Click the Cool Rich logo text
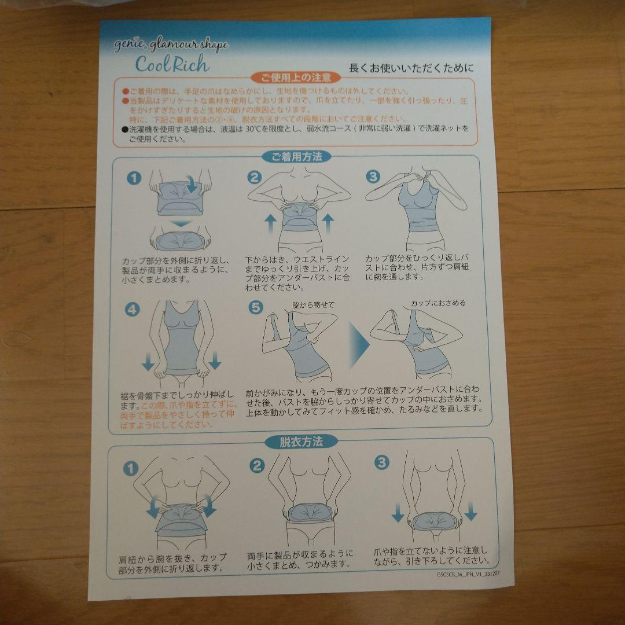point(172,63)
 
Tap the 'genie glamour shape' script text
point(179,45)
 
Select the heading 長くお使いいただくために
point(411,68)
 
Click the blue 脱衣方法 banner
point(302,442)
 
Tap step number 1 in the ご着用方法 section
point(134,178)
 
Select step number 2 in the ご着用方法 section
point(255,178)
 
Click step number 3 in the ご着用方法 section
point(374,177)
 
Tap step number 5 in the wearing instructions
point(255,308)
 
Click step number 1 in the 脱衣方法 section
point(133,466)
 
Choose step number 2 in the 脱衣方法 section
point(257,465)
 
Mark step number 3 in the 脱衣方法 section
point(381,462)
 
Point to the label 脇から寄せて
point(313,304)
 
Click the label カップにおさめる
point(438,303)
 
